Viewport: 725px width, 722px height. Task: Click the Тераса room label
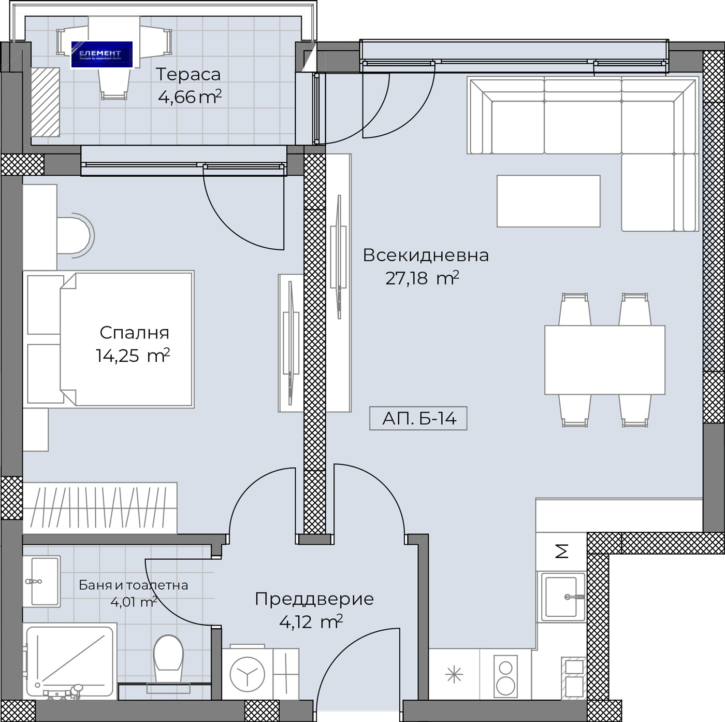(x=188, y=75)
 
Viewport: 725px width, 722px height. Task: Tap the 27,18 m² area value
(x=422, y=278)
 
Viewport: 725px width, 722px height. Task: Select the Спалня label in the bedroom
(x=134, y=332)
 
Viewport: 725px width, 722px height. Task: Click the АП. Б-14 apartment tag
(x=418, y=418)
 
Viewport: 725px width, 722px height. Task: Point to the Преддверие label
(x=314, y=599)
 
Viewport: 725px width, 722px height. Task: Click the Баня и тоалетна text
(x=133, y=585)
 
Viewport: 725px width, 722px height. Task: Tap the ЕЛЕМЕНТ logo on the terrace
(x=102, y=54)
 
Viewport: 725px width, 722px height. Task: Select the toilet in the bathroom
(x=168, y=658)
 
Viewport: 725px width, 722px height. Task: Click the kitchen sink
(x=562, y=597)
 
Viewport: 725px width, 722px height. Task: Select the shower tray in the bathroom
(x=69, y=660)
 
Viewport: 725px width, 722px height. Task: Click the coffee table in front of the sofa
(x=548, y=201)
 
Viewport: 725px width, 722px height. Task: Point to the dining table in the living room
(x=604, y=360)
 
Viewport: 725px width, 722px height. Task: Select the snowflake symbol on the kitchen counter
(x=454, y=674)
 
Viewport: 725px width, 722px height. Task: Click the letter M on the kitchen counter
(x=562, y=551)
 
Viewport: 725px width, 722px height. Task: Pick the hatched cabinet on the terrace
(x=45, y=102)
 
